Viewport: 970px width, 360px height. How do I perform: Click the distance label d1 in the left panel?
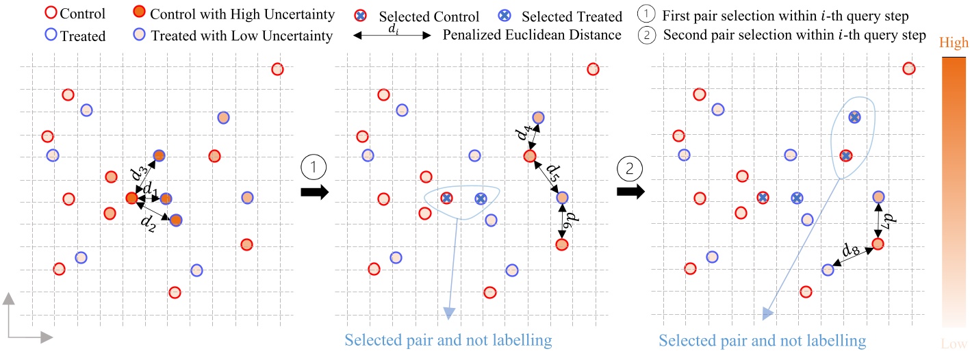pos(149,189)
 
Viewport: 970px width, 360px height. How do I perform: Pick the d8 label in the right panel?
pos(850,249)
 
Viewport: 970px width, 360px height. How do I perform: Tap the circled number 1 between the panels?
pos(314,167)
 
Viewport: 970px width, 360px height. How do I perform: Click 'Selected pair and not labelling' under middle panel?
pos(448,340)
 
